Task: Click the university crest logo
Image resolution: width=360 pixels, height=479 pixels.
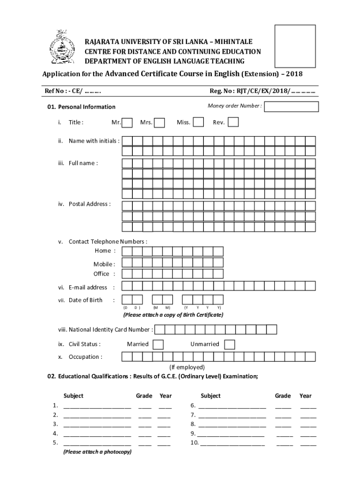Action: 62,48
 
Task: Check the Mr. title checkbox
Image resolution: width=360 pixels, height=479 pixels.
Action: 128,123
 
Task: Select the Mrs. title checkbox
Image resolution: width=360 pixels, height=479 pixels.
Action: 159,123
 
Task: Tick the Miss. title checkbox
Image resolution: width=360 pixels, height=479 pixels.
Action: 198,122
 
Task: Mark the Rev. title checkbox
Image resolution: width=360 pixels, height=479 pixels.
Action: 233,122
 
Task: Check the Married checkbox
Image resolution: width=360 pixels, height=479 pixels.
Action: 158,345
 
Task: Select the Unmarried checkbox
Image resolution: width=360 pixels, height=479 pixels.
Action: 229,345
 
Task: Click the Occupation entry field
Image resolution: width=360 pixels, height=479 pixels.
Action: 218,357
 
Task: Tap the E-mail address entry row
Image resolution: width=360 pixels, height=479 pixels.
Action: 218,286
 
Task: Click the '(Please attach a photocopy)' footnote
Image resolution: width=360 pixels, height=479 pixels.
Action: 97,452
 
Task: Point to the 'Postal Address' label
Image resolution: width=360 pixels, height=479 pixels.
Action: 89,204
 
